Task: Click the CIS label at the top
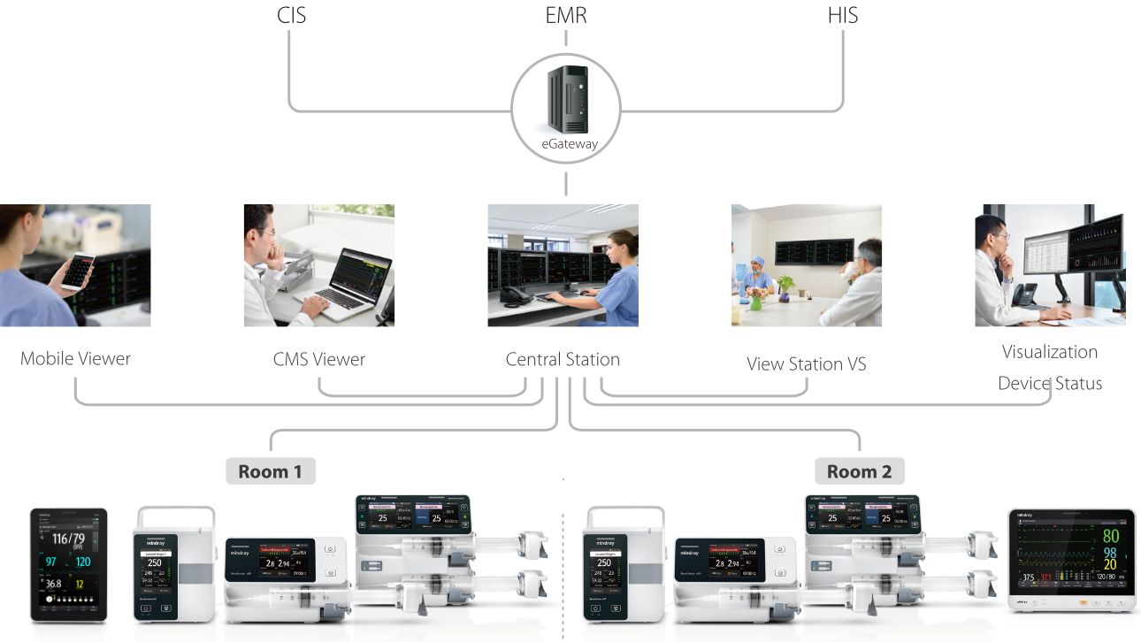pyautogui.click(x=291, y=15)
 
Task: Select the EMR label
pyautogui.click(x=566, y=15)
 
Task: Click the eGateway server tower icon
pyautogui.click(x=566, y=98)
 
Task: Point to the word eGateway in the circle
pyautogui.click(x=566, y=144)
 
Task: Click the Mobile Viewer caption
pyautogui.click(x=75, y=359)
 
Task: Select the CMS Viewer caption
pyautogui.click(x=318, y=359)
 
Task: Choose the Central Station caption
pyautogui.click(x=563, y=359)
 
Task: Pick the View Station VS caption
pyautogui.click(x=806, y=363)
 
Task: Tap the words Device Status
pyautogui.click(x=1050, y=384)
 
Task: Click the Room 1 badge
pyautogui.click(x=271, y=471)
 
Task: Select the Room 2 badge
pyautogui.click(x=859, y=471)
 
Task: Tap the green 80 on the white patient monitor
pyautogui.click(x=1110, y=536)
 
